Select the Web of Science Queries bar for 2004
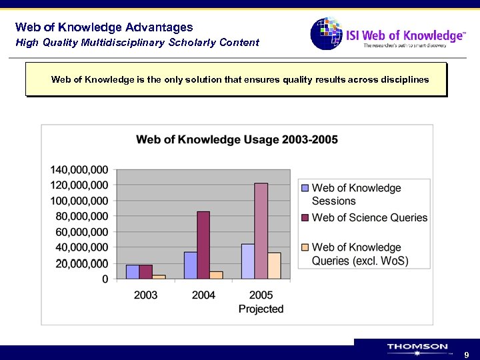click(203, 245)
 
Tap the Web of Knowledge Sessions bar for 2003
click(133, 271)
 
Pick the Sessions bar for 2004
click(191, 265)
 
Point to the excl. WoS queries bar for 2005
click(274, 265)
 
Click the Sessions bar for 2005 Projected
click(248, 261)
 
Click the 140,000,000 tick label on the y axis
click(79, 169)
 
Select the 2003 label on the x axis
click(145, 295)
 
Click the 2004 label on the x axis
click(203, 295)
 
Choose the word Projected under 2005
click(261, 309)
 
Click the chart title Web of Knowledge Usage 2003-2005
click(237, 140)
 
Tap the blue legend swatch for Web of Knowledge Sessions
click(305, 188)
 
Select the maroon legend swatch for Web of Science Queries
click(305, 217)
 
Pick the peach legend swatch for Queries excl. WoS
click(305, 247)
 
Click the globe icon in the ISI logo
click(325, 33)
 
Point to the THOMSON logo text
click(417, 347)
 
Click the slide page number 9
click(467, 355)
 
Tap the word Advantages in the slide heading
click(159, 27)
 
